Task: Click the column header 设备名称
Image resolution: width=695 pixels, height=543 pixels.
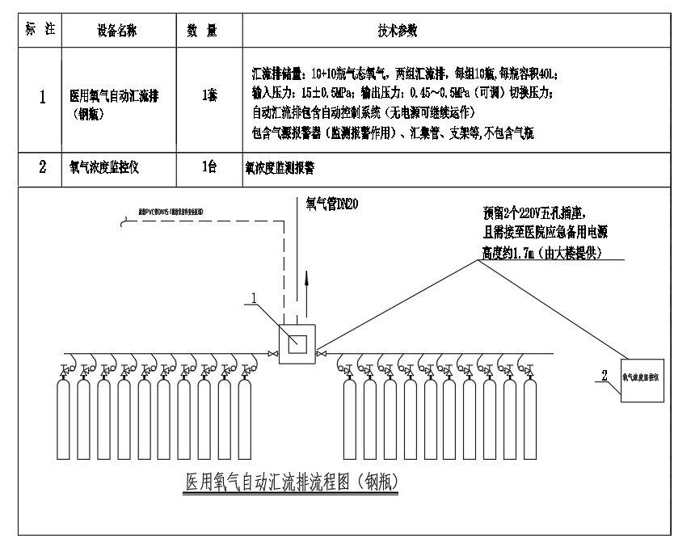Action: pos(116,31)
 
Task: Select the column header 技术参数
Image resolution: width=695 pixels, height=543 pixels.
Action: pos(398,31)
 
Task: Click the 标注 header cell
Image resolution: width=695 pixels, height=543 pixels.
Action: pos(41,31)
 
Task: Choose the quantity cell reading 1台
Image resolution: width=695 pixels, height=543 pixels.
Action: pos(208,170)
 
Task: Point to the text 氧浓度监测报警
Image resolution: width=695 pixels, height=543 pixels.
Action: pos(280,170)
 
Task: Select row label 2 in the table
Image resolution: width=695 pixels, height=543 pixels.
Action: pos(43,170)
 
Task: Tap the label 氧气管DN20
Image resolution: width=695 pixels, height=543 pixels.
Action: pos(328,204)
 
